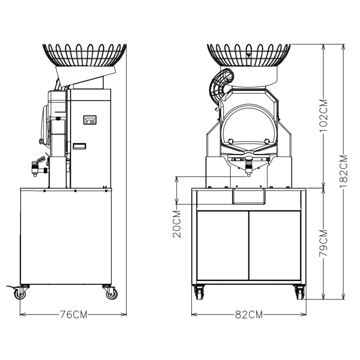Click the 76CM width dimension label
(x=73, y=314)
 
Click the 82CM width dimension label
(x=249, y=314)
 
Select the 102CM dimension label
(x=324, y=115)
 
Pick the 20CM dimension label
(x=177, y=224)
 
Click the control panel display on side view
(x=90, y=120)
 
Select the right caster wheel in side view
(x=111, y=293)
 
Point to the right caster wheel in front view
(x=300, y=292)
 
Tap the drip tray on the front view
(x=248, y=196)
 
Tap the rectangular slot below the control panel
(x=79, y=146)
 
